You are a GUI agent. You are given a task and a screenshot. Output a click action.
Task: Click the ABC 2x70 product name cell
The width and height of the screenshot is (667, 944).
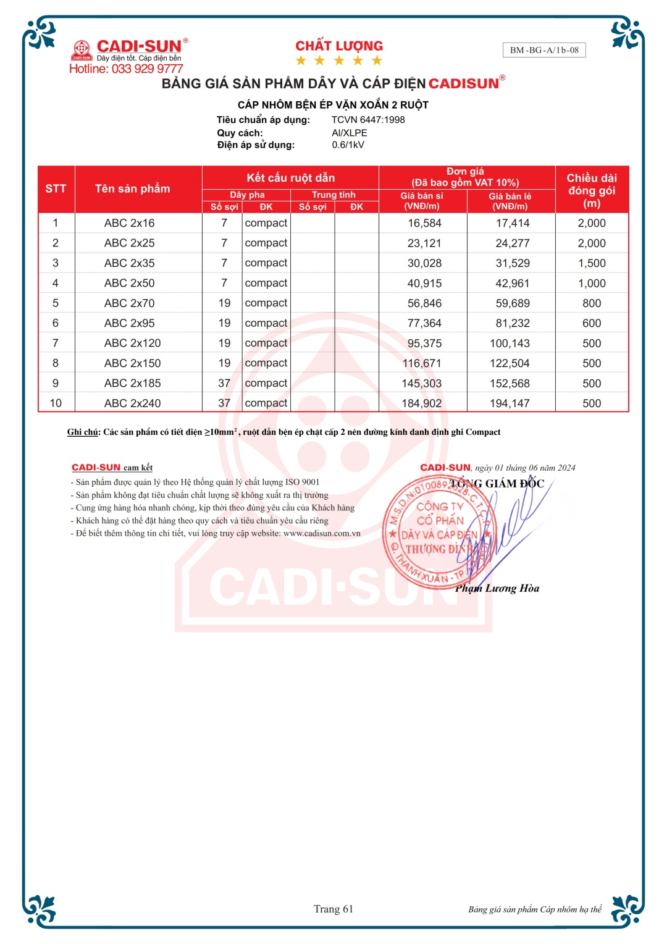click(129, 303)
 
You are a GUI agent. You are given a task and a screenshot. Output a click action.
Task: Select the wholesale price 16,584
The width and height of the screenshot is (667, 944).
click(424, 223)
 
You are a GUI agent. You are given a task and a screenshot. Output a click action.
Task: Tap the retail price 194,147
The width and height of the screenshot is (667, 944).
click(510, 403)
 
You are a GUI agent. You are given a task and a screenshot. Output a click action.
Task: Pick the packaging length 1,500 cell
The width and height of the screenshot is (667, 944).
click(592, 263)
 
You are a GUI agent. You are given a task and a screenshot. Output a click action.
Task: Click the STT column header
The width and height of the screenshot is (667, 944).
click(56, 189)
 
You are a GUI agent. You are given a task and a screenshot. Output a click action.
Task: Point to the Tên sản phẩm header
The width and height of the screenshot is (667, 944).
click(132, 189)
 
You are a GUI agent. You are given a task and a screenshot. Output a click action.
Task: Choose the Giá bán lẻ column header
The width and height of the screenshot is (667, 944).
click(510, 201)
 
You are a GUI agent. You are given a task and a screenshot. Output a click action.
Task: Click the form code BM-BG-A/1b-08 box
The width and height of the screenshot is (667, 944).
click(544, 50)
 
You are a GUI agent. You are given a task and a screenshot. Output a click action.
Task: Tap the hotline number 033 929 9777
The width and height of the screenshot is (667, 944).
click(147, 69)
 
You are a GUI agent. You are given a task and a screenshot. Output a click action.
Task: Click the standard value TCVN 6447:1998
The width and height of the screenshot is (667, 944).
click(368, 120)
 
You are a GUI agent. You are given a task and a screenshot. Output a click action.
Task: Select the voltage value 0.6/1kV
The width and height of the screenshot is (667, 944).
click(348, 145)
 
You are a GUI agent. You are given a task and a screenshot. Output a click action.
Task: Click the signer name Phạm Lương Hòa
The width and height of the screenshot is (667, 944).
click(497, 588)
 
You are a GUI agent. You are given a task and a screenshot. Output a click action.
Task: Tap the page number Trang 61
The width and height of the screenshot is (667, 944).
click(333, 909)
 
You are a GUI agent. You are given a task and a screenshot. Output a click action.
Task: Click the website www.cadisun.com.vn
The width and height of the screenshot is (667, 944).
click(322, 533)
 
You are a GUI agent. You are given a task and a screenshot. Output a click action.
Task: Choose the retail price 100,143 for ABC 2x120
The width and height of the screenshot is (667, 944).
click(510, 343)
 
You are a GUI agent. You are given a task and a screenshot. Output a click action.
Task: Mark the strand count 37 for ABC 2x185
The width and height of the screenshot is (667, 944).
click(224, 384)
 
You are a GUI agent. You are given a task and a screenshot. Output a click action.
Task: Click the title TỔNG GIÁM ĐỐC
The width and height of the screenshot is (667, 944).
click(497, 484)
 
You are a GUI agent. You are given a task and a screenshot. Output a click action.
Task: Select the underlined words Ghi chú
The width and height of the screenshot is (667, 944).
click(82, 432)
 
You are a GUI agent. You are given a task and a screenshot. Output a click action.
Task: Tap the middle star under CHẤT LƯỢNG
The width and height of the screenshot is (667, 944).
click(339, 61)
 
